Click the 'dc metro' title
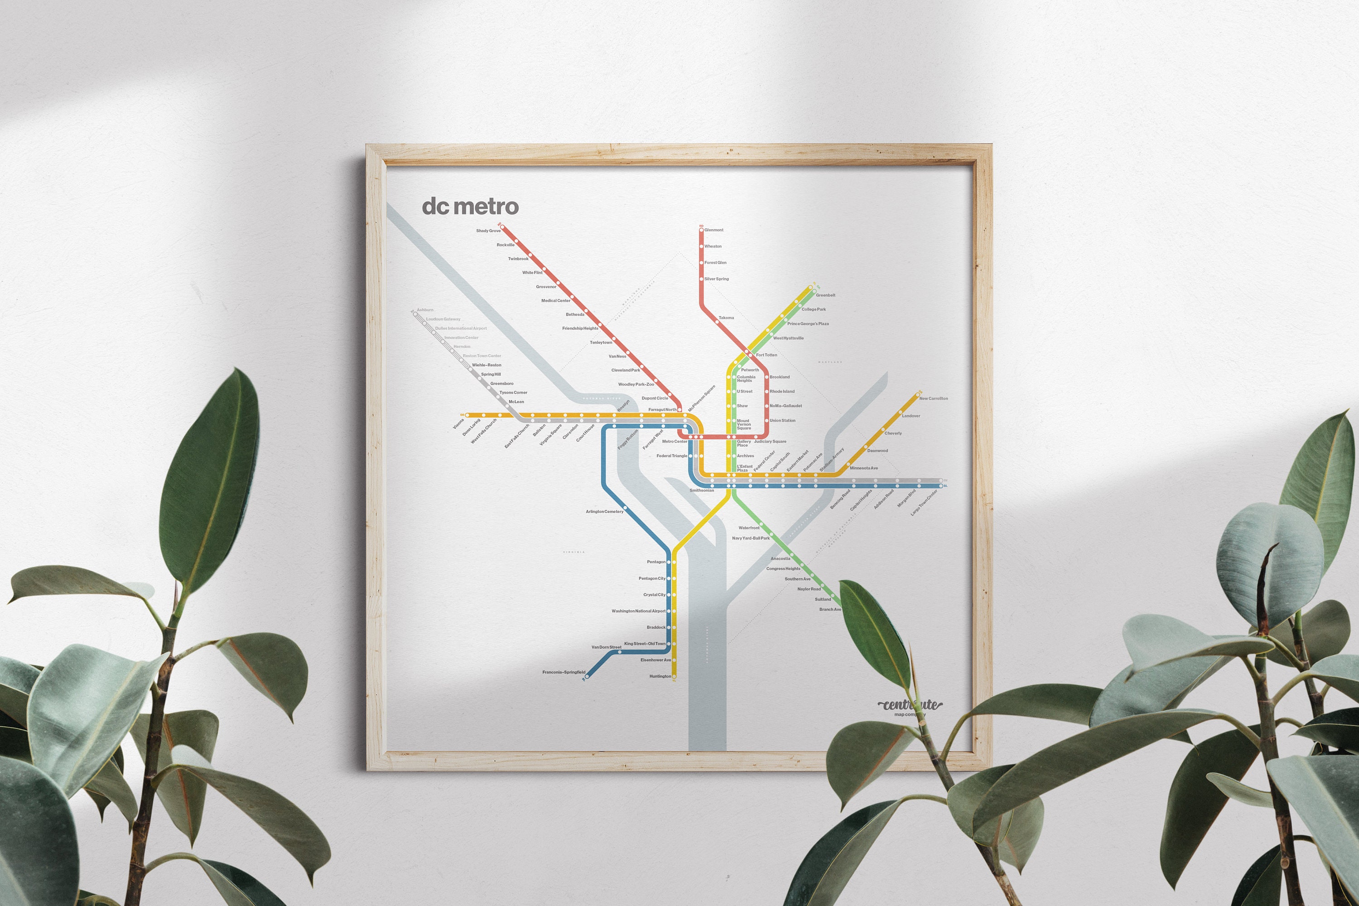point(470,206)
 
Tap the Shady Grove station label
point(488,231)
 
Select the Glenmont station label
point(713,230)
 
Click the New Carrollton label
point(933,399)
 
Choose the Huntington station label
point(660,676)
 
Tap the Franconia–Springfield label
point(564,672)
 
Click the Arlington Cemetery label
point(604,511)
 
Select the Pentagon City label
point(652,578)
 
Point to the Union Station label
point(782,421)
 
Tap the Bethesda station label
point(575,315)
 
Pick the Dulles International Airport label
point(461,328)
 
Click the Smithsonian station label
point(701,491)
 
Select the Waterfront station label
point(749,528)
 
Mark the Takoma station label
point(726,318)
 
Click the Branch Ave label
point(830,609)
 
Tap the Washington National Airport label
point(638,611)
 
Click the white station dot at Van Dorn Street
point(619,652)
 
